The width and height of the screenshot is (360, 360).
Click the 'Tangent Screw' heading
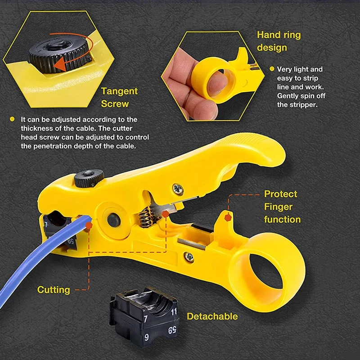[119, 97]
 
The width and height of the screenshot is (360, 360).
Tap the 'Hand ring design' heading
[279, 41]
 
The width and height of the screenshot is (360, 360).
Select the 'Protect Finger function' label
[282, 207]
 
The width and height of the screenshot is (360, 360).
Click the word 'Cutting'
[54, 290]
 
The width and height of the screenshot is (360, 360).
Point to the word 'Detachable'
[212, 316]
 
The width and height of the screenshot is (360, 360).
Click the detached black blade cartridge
[141, 317]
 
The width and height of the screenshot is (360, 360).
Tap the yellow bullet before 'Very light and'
[272, 69]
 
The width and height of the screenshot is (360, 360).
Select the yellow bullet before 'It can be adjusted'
[12, 120]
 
